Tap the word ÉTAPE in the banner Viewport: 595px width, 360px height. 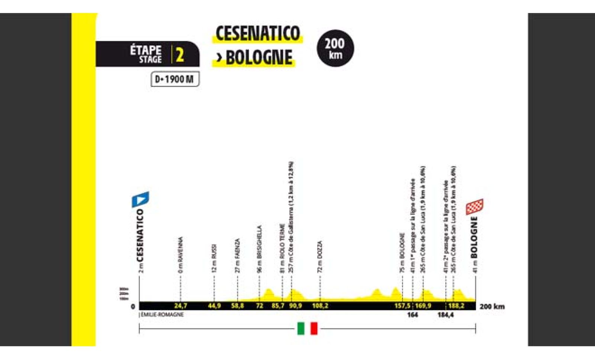[x=145, y=50]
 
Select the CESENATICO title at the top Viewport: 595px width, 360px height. [x=257, y=33]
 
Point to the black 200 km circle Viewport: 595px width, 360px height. [x=335, y=48]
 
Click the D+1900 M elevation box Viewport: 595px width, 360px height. [x=175, y=79]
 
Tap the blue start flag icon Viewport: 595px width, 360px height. [x=140, y=199]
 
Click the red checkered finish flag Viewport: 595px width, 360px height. [x=475, y=207]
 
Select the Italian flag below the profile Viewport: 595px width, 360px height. [x=307, y=328]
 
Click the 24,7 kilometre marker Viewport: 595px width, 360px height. [x=180, y=306]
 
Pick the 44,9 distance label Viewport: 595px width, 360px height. [x=214, y=306]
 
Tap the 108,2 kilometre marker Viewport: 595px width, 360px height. [x=320, y=306]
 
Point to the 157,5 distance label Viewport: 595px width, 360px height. [x=402, y=306]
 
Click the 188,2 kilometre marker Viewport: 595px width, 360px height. [x=456, y=306]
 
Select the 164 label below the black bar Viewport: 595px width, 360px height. [x=412, y=315]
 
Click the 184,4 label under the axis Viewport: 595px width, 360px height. [x=446, y=315]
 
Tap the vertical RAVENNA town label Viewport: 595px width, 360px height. [x=180, y=255]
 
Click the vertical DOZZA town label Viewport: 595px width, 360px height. [x=320, y=257]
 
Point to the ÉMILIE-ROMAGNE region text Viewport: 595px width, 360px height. [x=162, y=315]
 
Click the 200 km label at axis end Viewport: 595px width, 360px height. [x=492, y=306]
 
